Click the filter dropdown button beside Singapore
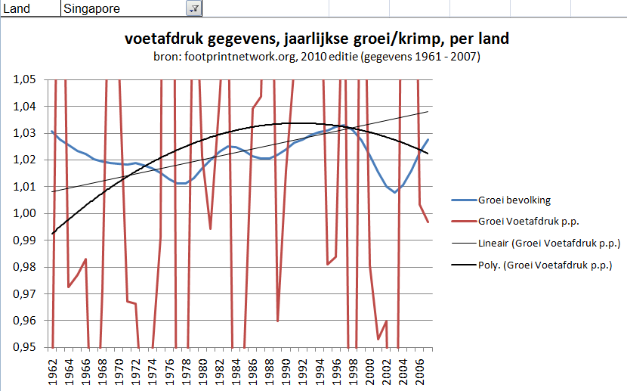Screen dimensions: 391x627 coord(193,8)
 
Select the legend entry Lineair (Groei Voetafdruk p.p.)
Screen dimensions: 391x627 coord(549,244)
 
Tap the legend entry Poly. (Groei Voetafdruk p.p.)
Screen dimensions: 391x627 coord(544,265)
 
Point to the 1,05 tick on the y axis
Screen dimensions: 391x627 coord(27,80)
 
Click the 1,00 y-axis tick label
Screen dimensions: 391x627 coord(27,213)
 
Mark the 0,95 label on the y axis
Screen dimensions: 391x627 coord(27,347)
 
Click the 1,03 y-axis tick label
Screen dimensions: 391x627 coord(27,133)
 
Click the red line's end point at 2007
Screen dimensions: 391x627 coord(428,222)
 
